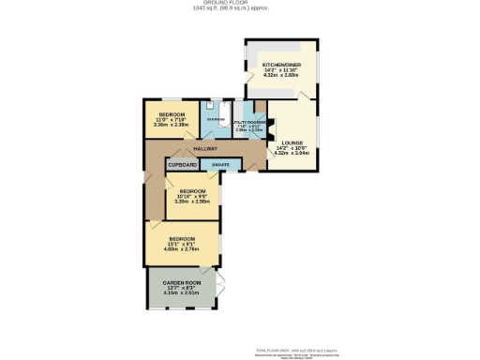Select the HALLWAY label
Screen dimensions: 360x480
(205, 149)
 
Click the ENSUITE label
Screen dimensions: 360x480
(221, 165)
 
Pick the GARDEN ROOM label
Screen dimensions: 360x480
(182, 283)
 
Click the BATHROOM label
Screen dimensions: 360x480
(216, 120)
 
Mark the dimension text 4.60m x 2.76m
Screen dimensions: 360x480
(182, 248)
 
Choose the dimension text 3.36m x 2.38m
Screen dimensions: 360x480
(172, 124)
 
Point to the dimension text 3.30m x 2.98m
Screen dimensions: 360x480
(193, 201)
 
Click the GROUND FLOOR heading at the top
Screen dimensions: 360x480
(240, 3)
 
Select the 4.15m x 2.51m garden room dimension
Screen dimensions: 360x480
(182, 293)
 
